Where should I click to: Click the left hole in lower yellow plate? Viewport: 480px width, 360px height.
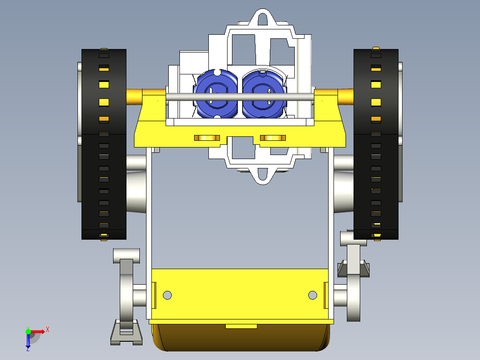[x=167, y=295]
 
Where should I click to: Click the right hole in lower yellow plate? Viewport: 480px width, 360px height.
[x=313, y=295]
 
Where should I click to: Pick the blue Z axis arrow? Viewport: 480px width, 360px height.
[x=28, y=341]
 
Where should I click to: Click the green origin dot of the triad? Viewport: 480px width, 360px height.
[x=28, y=331]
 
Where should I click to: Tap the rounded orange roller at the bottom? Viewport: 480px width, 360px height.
[x=240, y=340]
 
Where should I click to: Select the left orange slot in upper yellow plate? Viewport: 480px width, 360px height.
[x=207, y=138]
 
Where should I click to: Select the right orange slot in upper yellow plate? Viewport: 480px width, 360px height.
[x=273, y=138]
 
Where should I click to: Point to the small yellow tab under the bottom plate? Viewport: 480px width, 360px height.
[x=241, y=327]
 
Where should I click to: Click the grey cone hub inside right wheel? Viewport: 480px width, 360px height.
[x=343, y=192]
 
